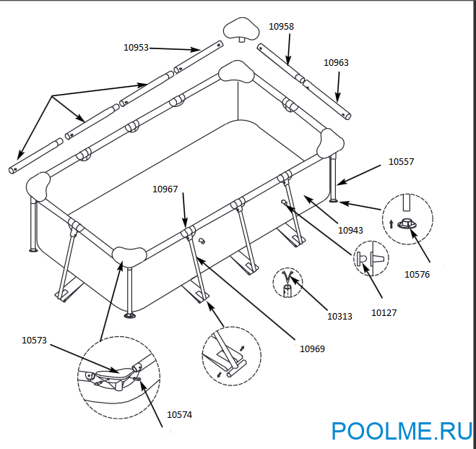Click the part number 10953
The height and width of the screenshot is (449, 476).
[x=136, y=48]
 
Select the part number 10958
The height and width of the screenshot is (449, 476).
[x=281, y=26]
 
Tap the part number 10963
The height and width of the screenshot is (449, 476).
[x=336, y=63]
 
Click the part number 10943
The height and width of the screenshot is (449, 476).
[x=350, y=231]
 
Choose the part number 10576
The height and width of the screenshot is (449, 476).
[x=417, y=274]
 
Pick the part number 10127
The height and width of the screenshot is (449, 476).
[x=384, y=312]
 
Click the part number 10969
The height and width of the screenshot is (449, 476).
[x=312, y=348]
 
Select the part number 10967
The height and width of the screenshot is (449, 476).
[x=165, y=189]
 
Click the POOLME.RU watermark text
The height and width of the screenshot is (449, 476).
[x=402, y=432]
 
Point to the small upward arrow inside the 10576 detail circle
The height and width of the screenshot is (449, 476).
[x=391, y=223]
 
